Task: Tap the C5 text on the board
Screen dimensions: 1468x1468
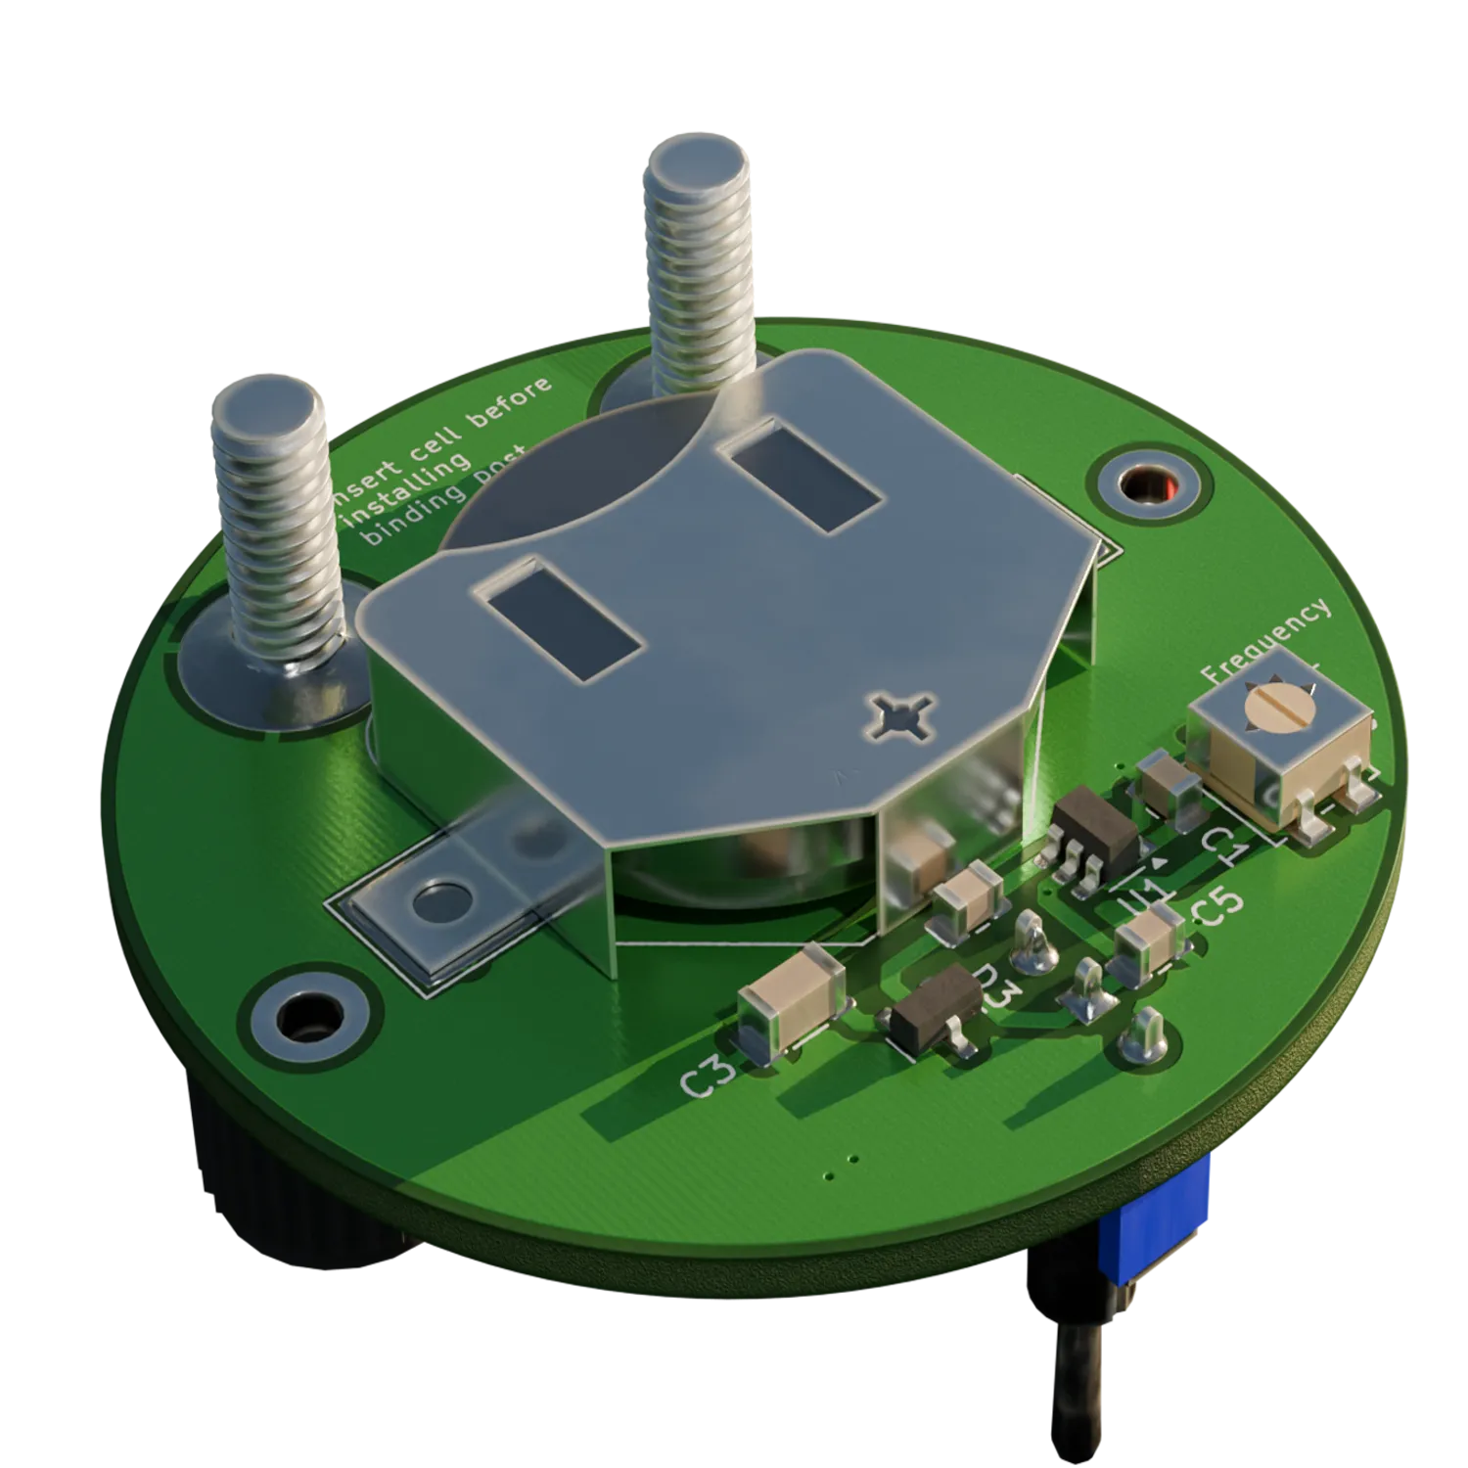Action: click(1219, 905)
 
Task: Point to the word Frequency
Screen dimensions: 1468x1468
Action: click(1265, 642)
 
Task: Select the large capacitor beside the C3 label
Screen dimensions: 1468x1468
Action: click(791, 1002)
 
